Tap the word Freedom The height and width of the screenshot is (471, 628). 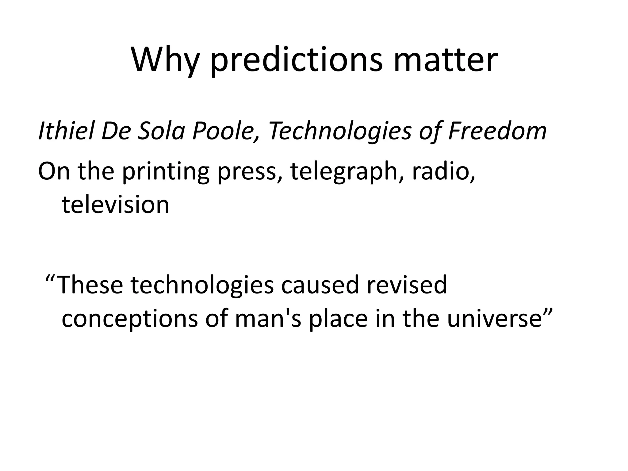[497, 131]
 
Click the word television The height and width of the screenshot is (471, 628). [115, 205]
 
